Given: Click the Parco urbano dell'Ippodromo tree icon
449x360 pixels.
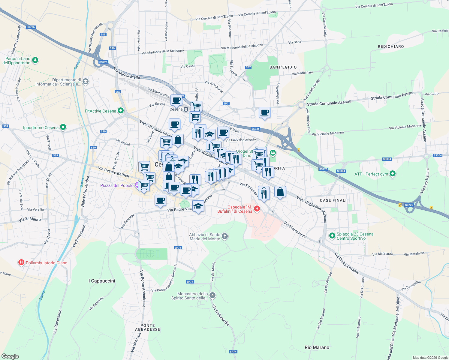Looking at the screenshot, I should (35, 60).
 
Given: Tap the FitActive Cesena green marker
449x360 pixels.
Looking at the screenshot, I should (121, 111).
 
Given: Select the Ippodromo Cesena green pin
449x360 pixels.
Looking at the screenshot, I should (63, 127).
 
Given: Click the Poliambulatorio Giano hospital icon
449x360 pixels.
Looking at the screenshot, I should (21, 263).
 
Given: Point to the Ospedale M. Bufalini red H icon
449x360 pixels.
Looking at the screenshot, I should (257, 209).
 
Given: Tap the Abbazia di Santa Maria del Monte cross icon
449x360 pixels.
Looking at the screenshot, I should (225, 237).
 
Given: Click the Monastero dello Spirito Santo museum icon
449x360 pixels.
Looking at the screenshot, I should (212, 295).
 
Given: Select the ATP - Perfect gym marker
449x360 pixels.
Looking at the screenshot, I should (392, 174).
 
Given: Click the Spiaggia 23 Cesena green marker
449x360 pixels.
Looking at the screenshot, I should (332, 236).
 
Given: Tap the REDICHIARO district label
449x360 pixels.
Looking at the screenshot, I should (391, 46).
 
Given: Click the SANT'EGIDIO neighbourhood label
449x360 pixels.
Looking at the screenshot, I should (283, 67).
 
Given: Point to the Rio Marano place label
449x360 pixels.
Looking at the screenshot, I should (317, 347).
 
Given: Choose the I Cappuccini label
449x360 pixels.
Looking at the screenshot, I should (102, 281).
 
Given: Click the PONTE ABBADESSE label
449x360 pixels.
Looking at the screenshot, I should (148, 327).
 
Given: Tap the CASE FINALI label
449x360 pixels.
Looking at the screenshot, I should (333, 200).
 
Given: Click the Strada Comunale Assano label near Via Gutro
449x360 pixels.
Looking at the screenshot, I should (393, 96).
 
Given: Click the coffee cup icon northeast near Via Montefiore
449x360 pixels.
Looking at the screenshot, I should (264, 113).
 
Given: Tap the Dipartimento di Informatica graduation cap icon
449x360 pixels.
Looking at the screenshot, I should (86, 82).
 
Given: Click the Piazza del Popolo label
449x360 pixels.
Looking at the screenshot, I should (117, 185).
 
